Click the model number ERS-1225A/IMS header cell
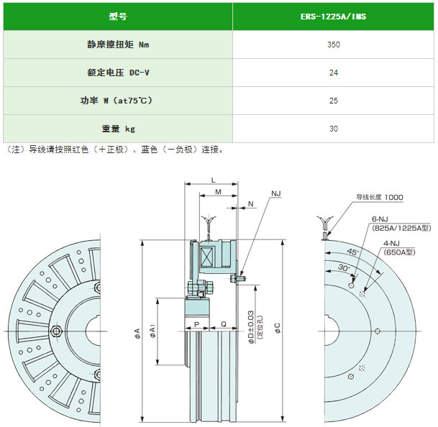click(333, 17)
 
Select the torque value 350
click(334, 45)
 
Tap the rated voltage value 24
click(334, 73)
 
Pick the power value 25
click(334, 101)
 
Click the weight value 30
click(334, 129)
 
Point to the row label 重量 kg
click(118, 129)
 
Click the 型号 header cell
click(118, 17)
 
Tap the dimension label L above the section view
click(214, 180)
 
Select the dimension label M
click(218, 192)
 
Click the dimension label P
click(196, 324)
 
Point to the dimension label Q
click(224, 324)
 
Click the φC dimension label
click(277, 328)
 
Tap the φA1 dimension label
click(152, 331)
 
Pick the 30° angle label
click(344, 268)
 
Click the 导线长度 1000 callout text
click(380, 197)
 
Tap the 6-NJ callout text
click(380, 219)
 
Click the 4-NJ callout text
click(391, 243)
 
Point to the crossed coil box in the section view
click(206, 257)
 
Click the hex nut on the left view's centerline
click(56, 331)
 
